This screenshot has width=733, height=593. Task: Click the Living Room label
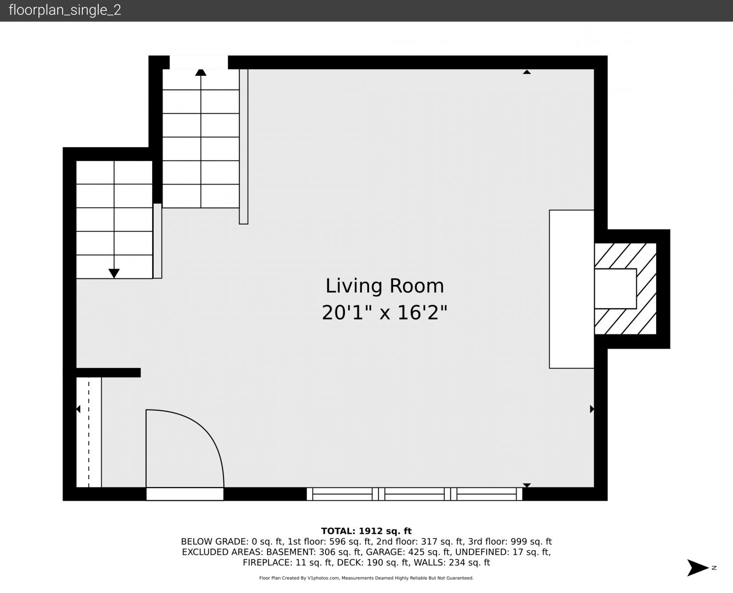385,286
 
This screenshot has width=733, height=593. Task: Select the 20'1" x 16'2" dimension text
384,313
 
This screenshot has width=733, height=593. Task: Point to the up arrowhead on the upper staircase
200,72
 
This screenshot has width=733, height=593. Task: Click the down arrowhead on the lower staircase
114,273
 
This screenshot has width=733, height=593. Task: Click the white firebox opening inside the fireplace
616,289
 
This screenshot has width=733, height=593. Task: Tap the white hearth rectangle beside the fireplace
572,289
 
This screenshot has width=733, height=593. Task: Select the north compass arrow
698,568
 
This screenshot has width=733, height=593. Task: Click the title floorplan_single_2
65,10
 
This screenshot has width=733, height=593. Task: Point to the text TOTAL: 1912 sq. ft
366,531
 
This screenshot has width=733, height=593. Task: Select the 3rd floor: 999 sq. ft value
512,541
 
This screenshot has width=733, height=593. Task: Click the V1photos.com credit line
366,578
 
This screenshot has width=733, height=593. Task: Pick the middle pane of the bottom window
415,494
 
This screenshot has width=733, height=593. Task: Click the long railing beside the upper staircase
244,147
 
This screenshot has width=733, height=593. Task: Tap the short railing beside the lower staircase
157,240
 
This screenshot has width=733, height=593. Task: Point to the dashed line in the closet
89,432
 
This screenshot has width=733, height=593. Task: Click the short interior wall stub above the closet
108,373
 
